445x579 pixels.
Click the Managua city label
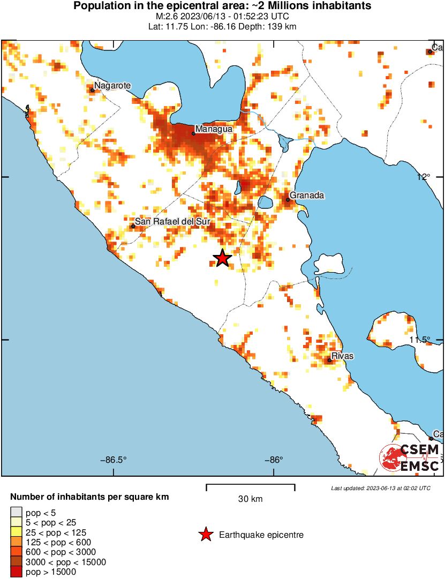[x=214, y=129]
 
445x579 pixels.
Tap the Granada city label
[x=307, y=195]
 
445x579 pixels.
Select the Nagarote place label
[x=112, y=85]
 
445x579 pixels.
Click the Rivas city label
[x=342, y=356]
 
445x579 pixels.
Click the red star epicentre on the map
[x=222, y=259]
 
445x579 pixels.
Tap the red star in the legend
[x=205, y=535]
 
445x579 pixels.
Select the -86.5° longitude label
[x=114, y=460]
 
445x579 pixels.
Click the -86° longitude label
[x=274, y=460]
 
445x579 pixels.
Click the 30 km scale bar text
[x=250, y=499]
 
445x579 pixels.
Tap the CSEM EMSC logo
[x=410, y=458]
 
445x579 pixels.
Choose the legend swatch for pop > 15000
[x=17, y=572]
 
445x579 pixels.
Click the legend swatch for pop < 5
[x=17, y=513]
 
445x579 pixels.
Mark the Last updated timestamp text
[x=380, y=488]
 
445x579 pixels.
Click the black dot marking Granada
[x=288, y=200]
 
